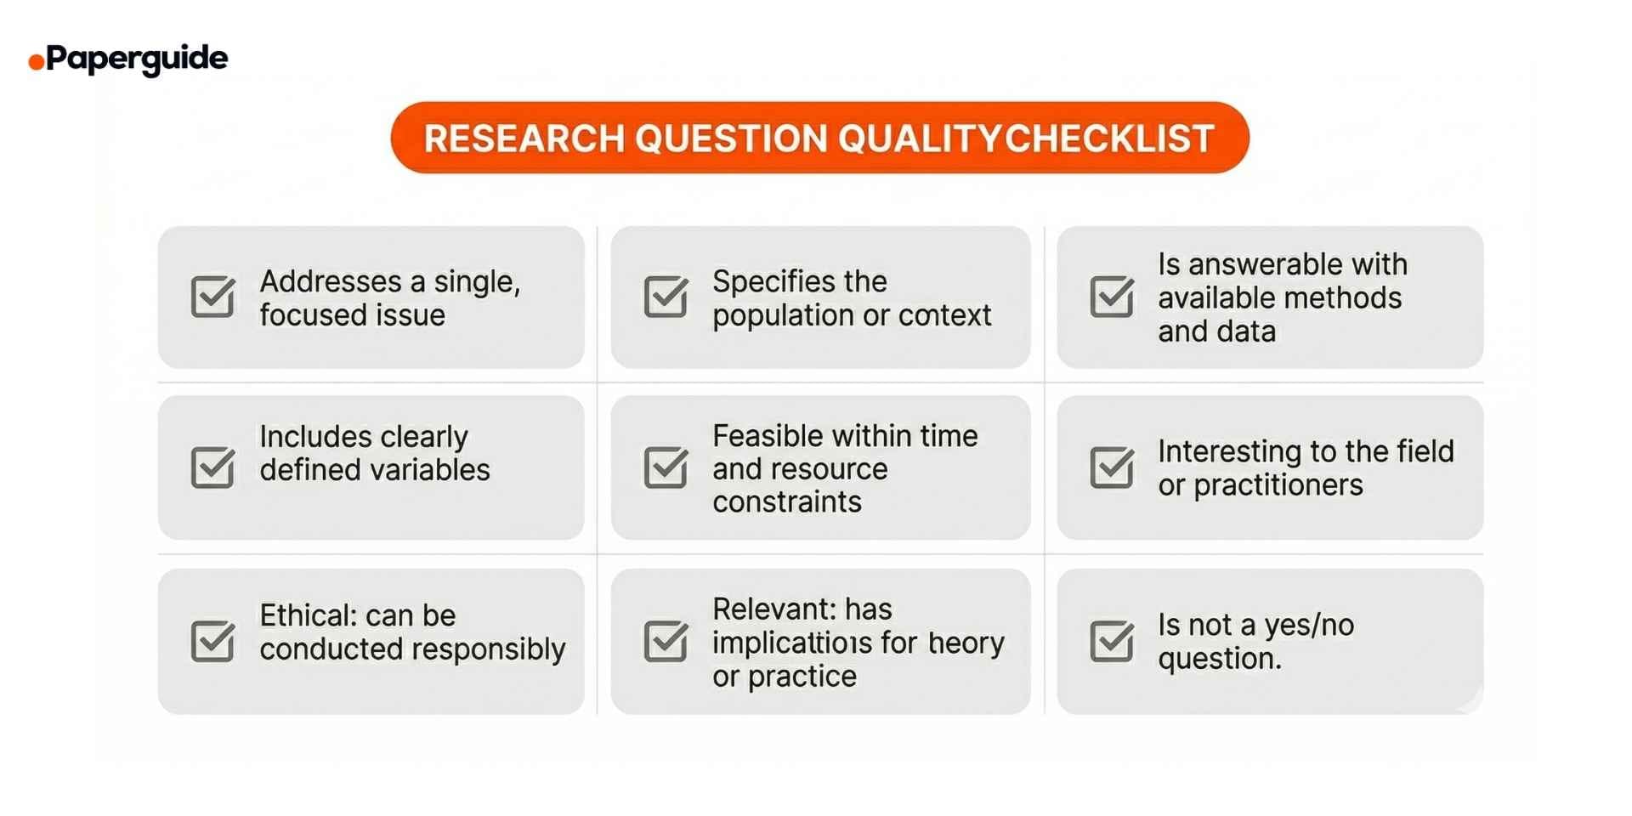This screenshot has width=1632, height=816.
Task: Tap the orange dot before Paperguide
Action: coord(37,61)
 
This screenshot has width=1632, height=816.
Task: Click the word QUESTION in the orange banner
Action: coord(731,139)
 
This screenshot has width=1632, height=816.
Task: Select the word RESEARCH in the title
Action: coord(524,139)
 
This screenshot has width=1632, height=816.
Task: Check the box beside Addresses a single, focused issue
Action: coord(212,297)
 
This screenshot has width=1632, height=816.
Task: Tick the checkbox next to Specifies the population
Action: coord(666,297)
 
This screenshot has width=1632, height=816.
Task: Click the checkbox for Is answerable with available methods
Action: coord(1111,297)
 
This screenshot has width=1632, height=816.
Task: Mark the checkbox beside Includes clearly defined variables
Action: coord(212,467)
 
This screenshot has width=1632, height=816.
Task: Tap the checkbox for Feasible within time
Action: coord(666,467)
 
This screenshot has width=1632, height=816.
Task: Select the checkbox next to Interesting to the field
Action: coord(1111,467)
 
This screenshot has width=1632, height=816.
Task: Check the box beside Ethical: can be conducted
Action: coord(212,640)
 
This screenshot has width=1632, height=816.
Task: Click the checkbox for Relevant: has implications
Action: coord(666,640)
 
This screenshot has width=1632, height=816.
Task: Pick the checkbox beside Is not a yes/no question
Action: coord(1111,640)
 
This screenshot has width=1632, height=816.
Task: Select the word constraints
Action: coord(786,502)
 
